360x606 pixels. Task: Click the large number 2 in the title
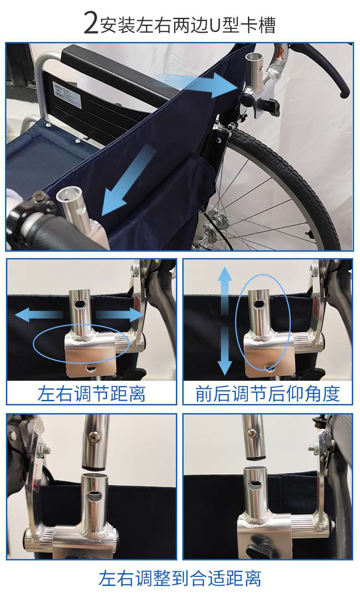pos(91,23)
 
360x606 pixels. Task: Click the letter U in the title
pos(216,26)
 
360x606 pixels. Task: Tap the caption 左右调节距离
pos(91,394)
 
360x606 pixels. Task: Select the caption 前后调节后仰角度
pos(267,394)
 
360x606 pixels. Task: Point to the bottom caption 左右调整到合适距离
pos(180,578)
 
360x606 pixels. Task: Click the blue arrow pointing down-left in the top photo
pos(127,181)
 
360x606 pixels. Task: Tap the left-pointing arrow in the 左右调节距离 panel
pos(39,315)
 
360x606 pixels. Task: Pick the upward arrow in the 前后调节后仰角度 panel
pos(225,290)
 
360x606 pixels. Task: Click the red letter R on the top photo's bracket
pos(280,53)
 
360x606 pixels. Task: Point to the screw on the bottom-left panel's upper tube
pos(94,435)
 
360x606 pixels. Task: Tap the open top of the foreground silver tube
pos(69,195)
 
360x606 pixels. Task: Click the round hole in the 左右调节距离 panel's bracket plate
pos(90,368)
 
